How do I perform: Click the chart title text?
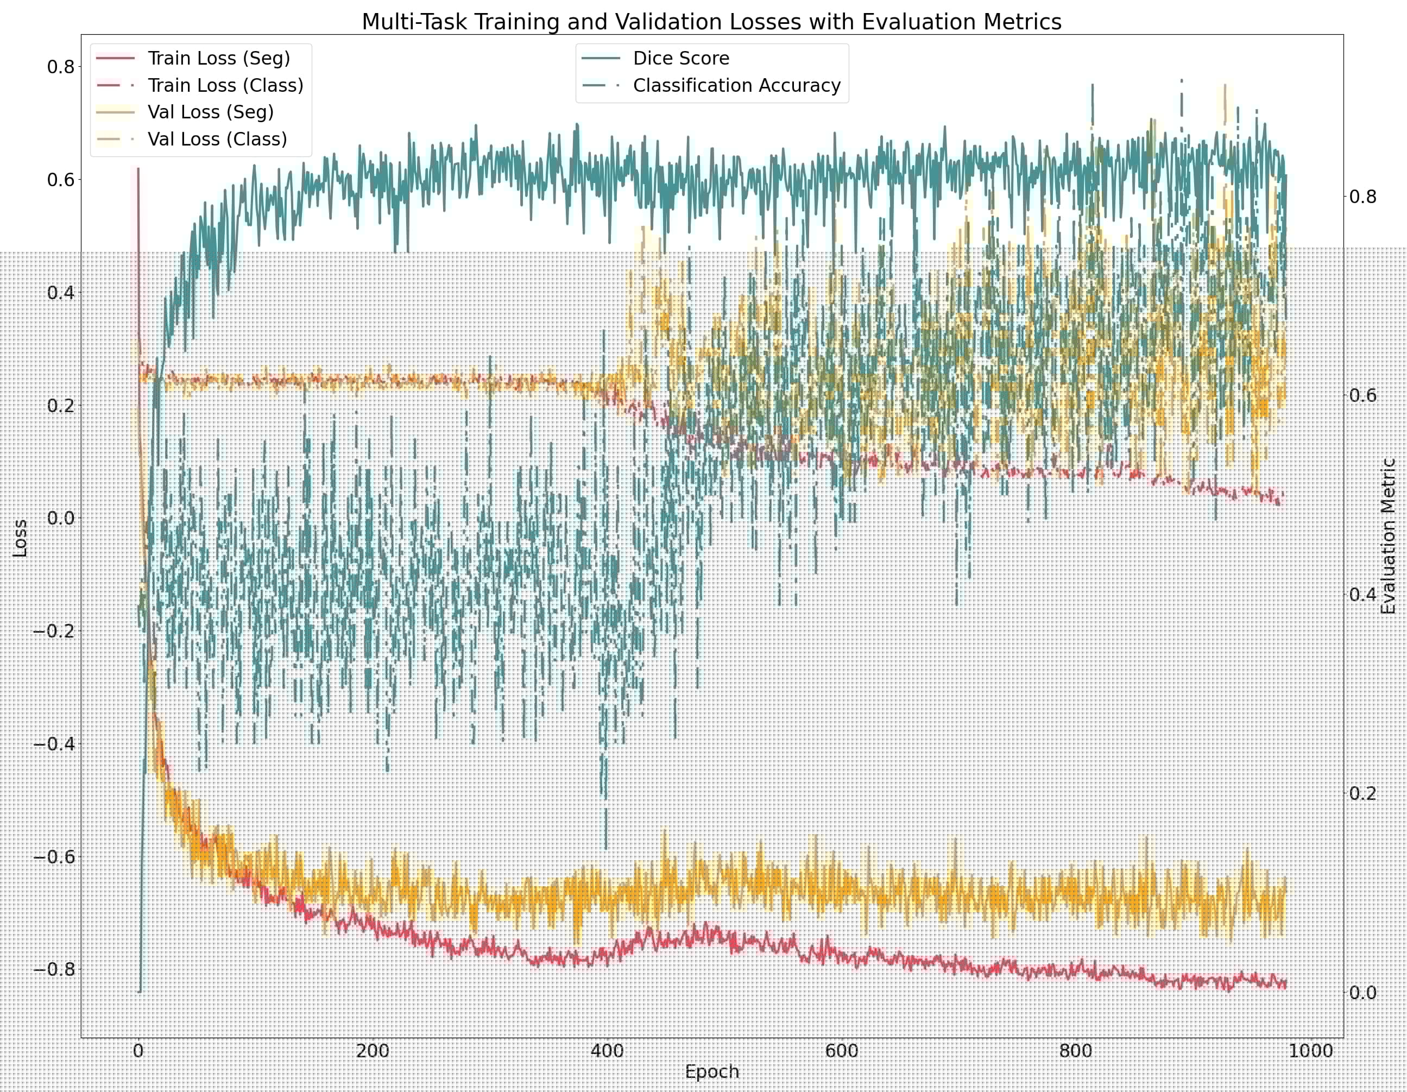[711, 22]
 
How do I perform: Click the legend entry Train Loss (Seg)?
[219, 59]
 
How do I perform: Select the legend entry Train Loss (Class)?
[225, 86]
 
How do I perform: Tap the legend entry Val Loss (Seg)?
[211, 112]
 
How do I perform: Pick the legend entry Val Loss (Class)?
[217, 139]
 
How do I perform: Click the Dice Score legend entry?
[681, 59]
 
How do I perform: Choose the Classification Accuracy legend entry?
[736, 86]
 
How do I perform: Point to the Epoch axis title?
[711, 1071]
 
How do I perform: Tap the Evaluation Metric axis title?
[1389, 536]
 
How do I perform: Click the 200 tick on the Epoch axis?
[373, 1051]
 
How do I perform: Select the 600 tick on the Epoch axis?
[841, 1051]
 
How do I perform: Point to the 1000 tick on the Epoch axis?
[1310, 1051]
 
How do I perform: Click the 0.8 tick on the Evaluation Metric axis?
[1362, 197]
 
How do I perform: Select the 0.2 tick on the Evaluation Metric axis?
[1362, 793]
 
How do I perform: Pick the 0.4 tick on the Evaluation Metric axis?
[1362, 594]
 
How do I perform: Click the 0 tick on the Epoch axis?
[138, 1051]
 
